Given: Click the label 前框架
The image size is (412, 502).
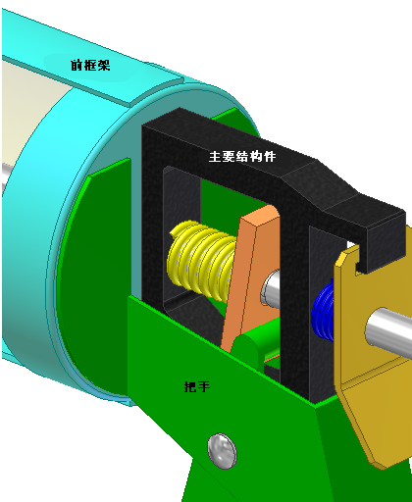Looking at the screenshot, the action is [x=90, y=65].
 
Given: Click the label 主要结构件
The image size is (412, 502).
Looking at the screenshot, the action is [x=242, y=156].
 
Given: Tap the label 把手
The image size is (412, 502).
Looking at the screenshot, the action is [x=197, y=386].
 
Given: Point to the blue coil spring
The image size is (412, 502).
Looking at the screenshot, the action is [x=323, y=313].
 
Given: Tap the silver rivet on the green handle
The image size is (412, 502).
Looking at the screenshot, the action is [x=223, y=451].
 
